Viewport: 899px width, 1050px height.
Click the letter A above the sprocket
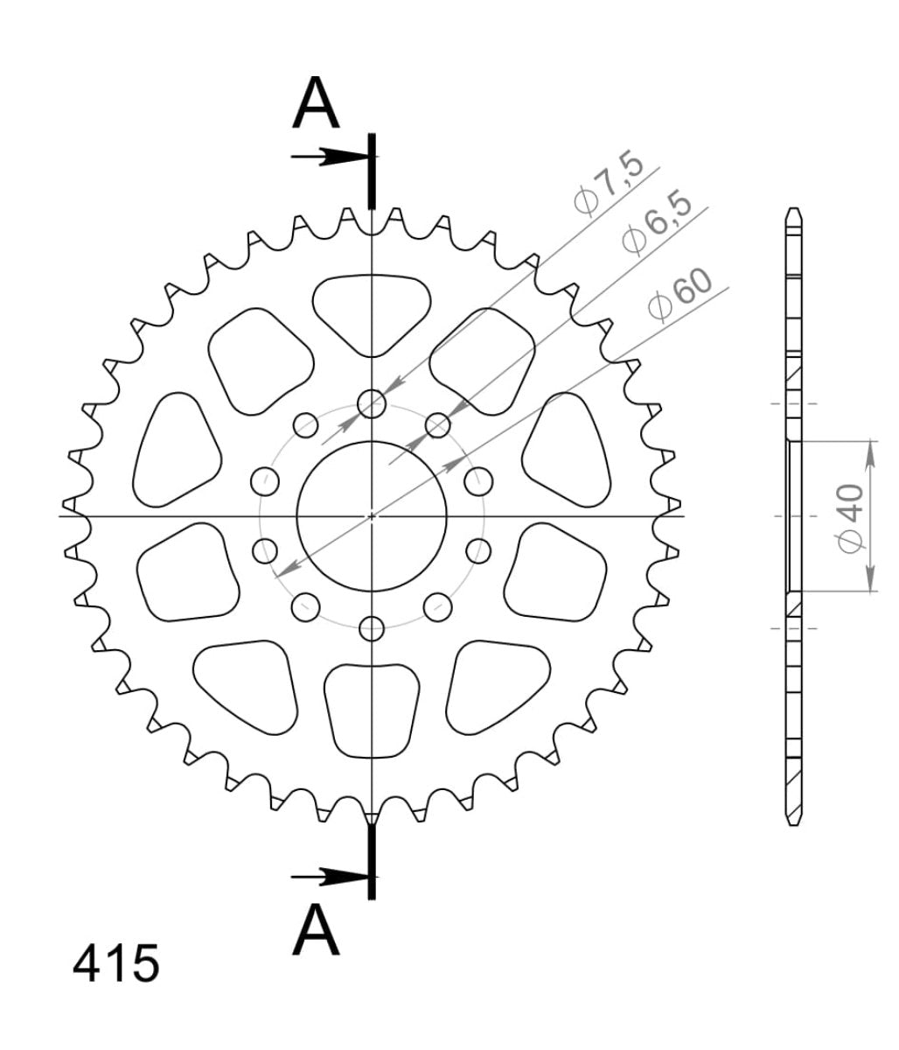coord(316,103)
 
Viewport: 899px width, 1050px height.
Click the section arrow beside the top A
coord(328,157)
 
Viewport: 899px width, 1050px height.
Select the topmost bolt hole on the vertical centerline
coord(373,403)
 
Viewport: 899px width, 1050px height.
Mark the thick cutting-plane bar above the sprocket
coord(373,171)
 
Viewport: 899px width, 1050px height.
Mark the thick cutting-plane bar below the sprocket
coord(373,862)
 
